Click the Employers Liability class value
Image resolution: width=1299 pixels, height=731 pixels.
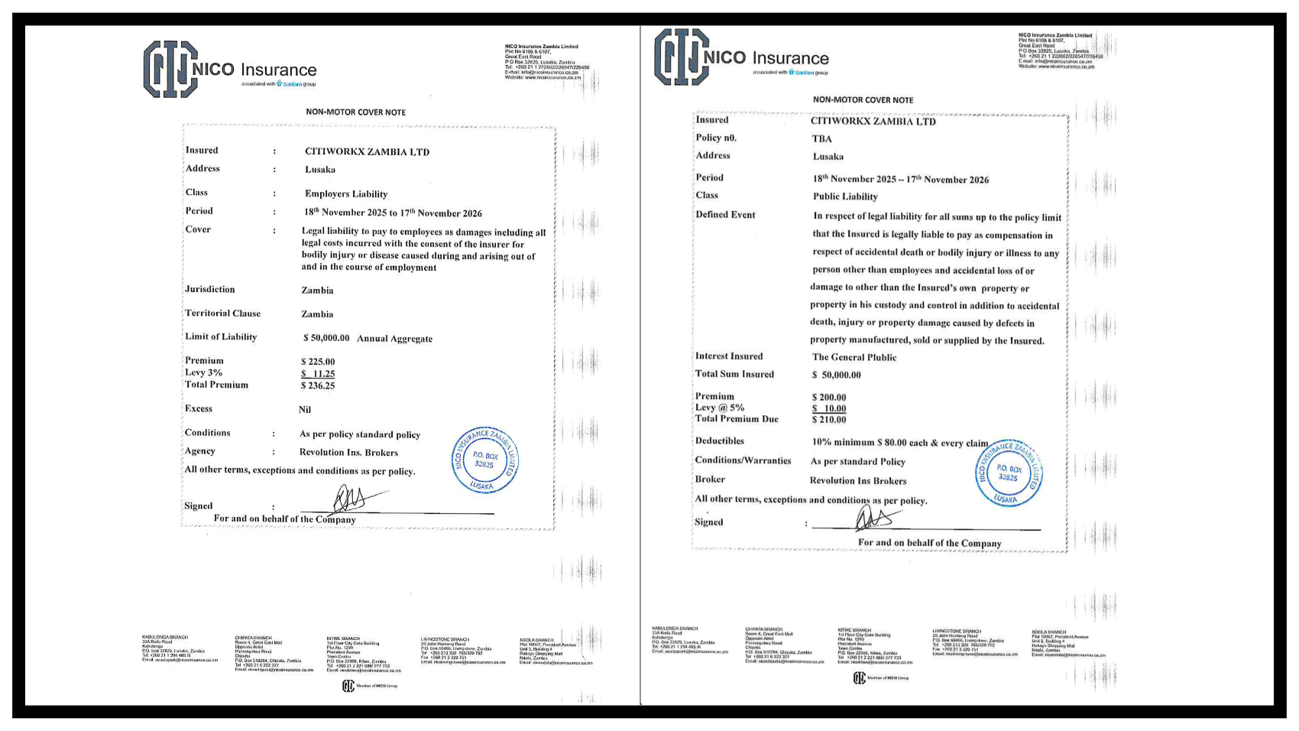346,194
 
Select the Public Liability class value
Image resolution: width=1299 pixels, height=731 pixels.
845,197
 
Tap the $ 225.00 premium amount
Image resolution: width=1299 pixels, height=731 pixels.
318,362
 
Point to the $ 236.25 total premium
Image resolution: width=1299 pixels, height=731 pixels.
318,386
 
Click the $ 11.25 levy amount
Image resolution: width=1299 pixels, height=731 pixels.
318,374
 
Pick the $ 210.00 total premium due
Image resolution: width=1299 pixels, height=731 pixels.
829,420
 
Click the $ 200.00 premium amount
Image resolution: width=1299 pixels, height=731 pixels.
829,398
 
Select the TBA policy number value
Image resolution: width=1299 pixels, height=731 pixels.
822,139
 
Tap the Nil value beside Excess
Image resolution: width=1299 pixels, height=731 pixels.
305,410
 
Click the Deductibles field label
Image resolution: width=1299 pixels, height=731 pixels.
719,441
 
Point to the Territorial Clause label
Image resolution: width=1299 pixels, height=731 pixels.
222,314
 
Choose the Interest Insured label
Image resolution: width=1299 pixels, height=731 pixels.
729,356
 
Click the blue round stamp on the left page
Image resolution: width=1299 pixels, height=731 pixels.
485,460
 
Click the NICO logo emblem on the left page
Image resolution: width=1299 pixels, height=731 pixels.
170,69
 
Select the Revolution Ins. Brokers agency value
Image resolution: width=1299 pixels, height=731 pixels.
348,453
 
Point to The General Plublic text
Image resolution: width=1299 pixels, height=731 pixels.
854,357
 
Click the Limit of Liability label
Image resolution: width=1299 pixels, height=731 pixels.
221,337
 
